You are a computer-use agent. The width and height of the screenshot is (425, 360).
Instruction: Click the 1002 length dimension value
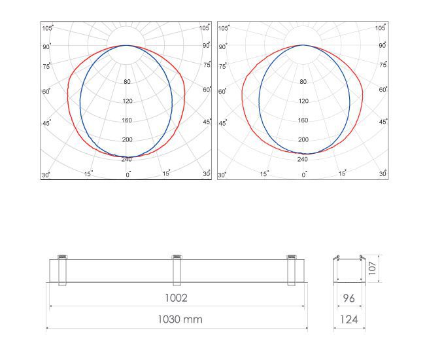pos(176,298)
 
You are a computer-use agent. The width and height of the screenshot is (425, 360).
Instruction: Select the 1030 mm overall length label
pos(180,319)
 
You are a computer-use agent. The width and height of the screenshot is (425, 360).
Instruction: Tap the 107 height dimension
pos(373,268)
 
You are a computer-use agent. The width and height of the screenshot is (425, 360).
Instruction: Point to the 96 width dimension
pos(349,298)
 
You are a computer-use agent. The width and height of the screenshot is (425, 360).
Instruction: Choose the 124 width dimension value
pos(349,319)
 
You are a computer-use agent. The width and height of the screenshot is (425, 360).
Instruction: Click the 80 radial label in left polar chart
pos(127,81)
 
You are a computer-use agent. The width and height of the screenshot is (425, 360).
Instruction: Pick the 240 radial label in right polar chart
pos(303,159)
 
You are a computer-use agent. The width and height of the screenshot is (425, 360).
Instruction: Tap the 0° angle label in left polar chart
pos(128,175)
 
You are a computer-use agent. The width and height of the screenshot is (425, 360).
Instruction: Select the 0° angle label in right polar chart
pos(304,175)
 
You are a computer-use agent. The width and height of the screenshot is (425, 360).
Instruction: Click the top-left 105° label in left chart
pos(48,28)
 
